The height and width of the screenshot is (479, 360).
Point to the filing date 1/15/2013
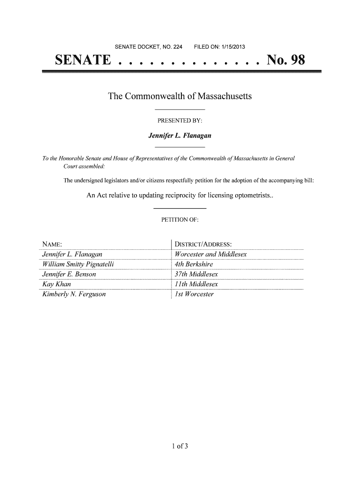232,46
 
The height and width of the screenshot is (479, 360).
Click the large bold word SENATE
83,60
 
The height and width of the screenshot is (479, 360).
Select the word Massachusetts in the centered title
225,96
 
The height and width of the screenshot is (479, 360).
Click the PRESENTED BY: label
180,121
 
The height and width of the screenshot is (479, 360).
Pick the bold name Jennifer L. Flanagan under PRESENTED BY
180,136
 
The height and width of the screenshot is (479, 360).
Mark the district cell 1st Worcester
194,294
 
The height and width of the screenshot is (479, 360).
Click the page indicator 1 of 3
180,445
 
